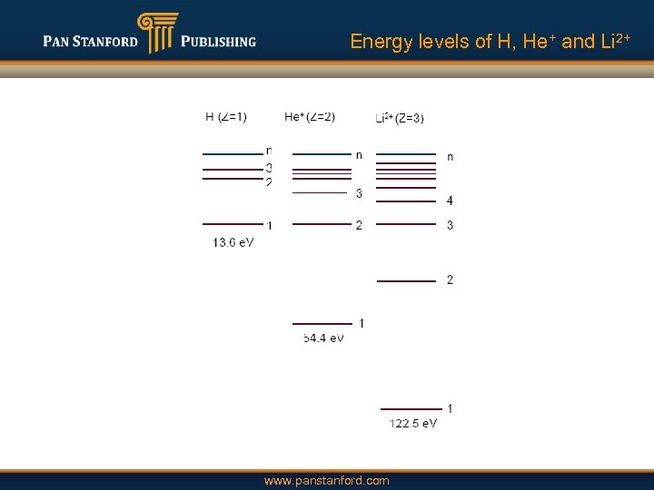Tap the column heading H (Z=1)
tap(226, 116)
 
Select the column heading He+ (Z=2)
tap(310, 116)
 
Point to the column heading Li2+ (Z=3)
tap(400, 117)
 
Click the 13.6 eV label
tap(233, 242)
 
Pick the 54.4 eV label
tap(323, 338)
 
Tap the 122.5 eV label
tap(413, 424)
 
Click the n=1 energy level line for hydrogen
tap(232, 223)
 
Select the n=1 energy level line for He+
tap(322, 323)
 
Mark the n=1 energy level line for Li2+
tap(411, 409)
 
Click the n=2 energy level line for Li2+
tap(406, 281)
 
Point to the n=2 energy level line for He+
tap(322, 224)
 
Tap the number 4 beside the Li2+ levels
tap(450, 201)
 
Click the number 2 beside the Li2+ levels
tap(450, 279)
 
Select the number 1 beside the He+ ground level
tap(362, 323)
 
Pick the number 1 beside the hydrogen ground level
tap(269, 225)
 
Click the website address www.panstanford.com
tap(326, 480)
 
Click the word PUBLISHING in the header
tap(219, 42)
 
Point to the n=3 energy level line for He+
tap(320, 193)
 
